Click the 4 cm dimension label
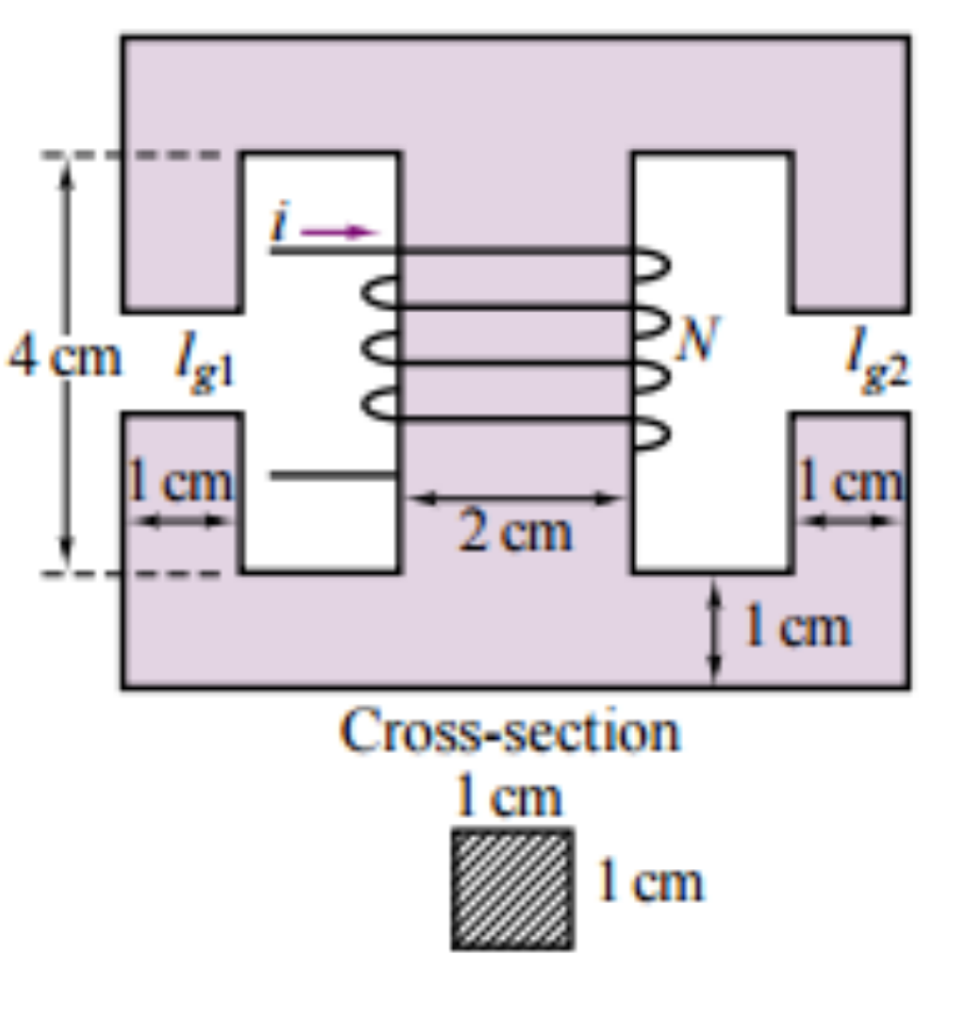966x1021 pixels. click(x=64, y=357)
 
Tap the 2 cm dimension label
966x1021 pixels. click(x=515, y=531)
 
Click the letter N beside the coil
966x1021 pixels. click(x=697, y=338)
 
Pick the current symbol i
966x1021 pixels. click(x=280, y=222)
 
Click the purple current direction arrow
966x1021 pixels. click(x=339, y=231)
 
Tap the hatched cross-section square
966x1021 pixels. click(x=513, y=890)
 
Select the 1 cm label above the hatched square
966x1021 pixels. click(x=508, y=795)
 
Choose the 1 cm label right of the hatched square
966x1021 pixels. click(x=650, y=881)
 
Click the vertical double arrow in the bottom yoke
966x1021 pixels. click(x=714, y=630)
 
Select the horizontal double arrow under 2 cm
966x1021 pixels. click(x=514, y=499)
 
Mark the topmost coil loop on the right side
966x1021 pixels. click(x=652, y=266)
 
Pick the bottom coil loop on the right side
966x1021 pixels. click(x=652, y=433)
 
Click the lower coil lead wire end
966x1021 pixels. click(x=272, y=476)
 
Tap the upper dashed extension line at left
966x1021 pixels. click(x=131, y=155)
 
